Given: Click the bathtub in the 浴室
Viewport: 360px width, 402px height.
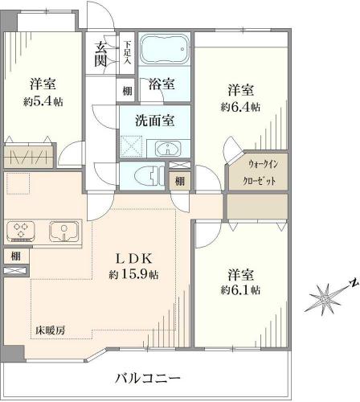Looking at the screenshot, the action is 165,49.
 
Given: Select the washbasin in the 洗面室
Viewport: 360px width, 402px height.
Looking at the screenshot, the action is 168,148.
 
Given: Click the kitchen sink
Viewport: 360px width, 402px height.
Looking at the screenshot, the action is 63,231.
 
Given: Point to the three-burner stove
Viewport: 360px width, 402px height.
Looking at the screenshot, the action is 21,231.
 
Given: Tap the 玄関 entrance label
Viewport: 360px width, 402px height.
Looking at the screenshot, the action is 100,55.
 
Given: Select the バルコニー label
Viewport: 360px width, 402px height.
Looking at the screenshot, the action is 148,379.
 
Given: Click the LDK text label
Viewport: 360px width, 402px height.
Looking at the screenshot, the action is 133,259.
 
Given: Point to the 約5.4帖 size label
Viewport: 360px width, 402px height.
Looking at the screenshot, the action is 43,102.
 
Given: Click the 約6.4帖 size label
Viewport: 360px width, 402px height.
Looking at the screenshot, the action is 240,107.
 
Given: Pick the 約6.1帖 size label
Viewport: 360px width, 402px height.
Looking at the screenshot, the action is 240,290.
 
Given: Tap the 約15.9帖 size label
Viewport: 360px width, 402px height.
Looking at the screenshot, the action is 133,274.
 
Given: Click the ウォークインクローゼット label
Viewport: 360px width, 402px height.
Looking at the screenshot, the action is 260,172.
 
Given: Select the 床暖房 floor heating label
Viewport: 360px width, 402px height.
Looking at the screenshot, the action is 51,330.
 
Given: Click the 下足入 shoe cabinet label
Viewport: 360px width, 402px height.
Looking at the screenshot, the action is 127,52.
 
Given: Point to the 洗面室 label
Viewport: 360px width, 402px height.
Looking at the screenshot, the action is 154,121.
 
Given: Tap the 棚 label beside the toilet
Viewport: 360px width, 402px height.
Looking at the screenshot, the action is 180,182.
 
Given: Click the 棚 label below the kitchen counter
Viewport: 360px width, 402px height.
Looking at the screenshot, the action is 16,256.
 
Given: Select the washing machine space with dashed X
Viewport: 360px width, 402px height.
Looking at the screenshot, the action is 131,146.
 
